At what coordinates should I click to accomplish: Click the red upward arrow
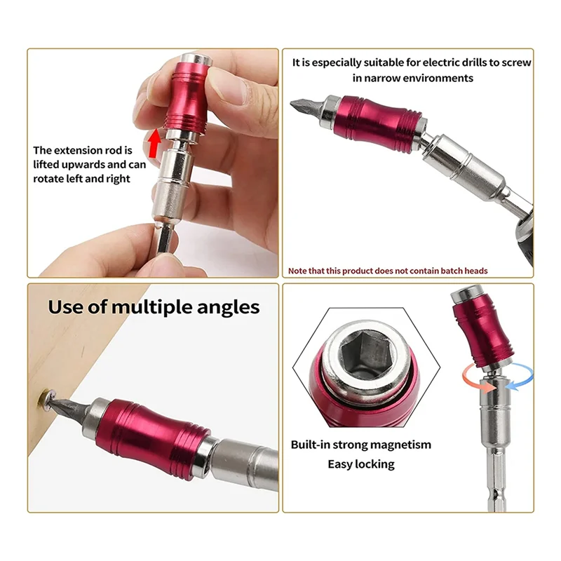[x=154, y=144]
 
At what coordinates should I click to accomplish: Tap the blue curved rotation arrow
[x=520, y=376]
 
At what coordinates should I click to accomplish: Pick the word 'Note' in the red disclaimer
[x=298, y=271]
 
